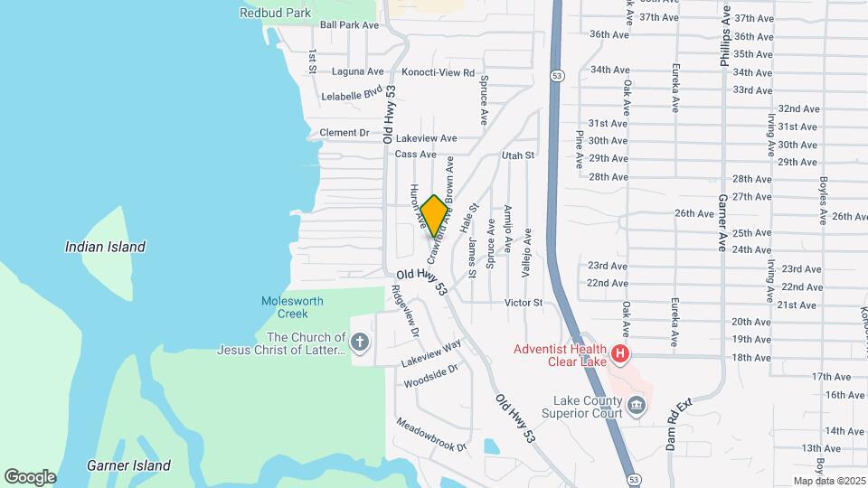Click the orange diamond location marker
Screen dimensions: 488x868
click(434, 215)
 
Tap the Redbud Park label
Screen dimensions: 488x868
click(276, 13)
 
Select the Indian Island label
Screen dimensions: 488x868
click(105, 247)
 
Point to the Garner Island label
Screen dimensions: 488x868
click(128, 465)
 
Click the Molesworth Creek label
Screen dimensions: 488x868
click(292, 307)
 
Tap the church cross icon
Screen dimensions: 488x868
click(360, 342)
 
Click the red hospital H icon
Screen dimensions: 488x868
click(620, 354)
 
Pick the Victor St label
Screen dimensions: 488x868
click(524, 303)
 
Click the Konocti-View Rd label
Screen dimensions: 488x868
click(438, 72)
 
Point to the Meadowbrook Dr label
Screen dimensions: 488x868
click(430, 435)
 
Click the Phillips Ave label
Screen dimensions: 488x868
click(724, 41)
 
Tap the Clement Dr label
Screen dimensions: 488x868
click(344, 133)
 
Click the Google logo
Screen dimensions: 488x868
click(30, 476)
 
